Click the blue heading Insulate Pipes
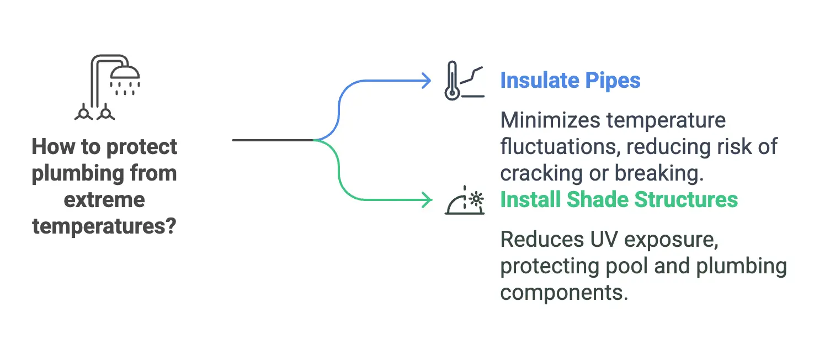pyautogui.click(x=570, y=81)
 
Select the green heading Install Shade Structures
pyautogui.click(x=619, y=199)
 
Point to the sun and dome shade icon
pyautogui.click(x=465, y=201)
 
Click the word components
pyautogui.click(x=564, y=292)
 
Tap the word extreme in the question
pyautogui.click(x=104, y=199)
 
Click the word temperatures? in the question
pyautogui.click(x=104, y=226)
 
